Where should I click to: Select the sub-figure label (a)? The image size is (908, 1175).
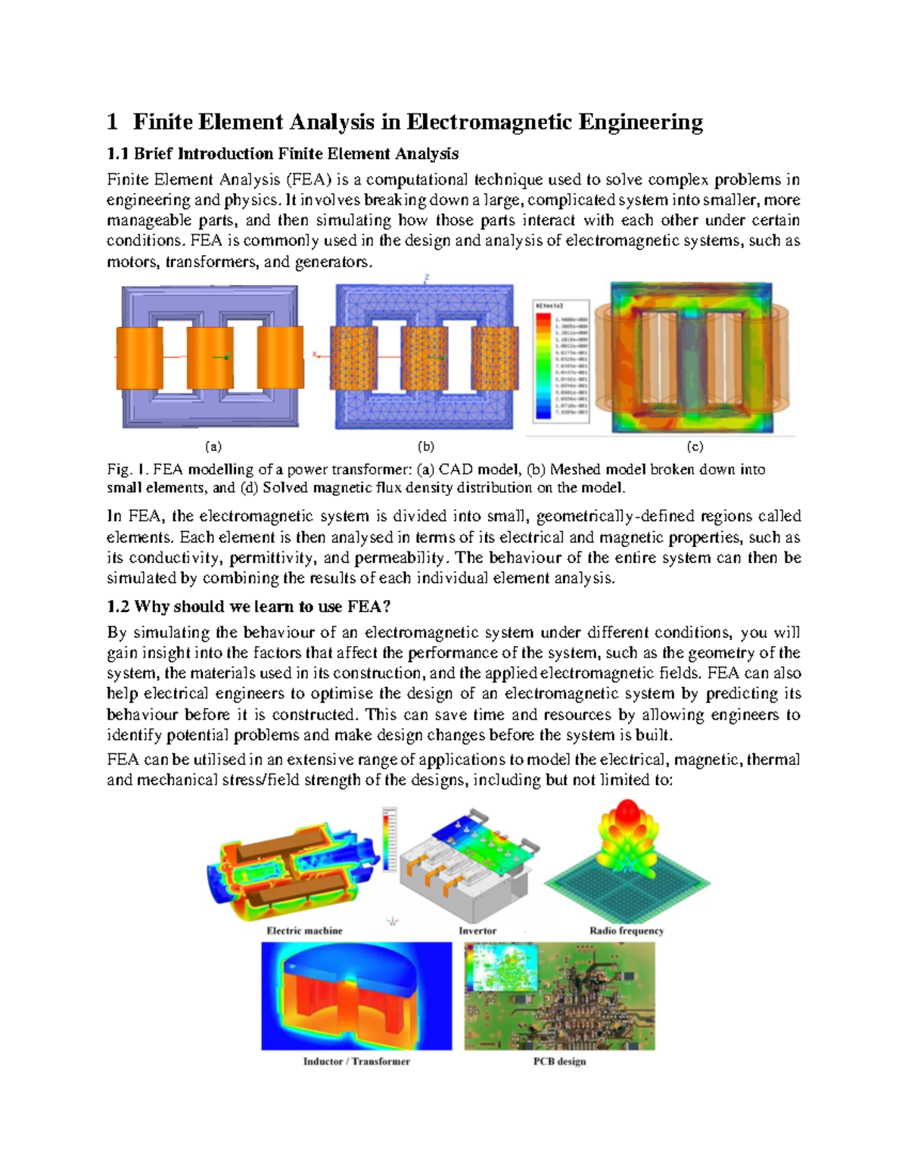(213, 446)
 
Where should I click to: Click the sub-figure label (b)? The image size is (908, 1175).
(426, 446)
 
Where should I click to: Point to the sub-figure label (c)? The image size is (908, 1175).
(695, 446)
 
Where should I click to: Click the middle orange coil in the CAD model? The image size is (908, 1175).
(210, 358)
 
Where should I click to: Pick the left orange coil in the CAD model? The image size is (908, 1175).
(139, 358)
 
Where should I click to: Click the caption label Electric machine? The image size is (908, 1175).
(304, 931)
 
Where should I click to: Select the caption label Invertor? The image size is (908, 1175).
(477, 931)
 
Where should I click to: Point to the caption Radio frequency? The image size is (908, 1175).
(626, 931)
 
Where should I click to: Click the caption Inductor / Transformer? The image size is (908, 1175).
(356, 1062)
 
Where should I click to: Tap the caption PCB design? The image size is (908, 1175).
(559, 1062)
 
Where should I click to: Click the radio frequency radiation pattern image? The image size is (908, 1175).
(627, 863)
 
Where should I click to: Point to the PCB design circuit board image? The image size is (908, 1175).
(559, 996)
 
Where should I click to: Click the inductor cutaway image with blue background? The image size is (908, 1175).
(356, 996)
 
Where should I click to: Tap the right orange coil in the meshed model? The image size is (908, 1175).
(496, 358)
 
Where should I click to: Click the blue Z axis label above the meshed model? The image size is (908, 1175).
(427, 278)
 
